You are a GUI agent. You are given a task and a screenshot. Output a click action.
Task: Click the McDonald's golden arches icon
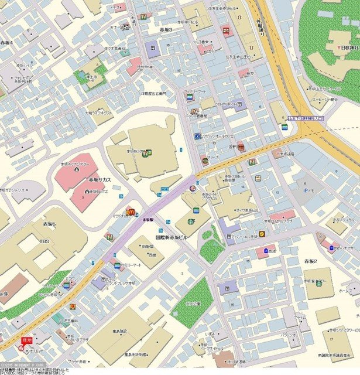pyautogui.click(x=130, y=212)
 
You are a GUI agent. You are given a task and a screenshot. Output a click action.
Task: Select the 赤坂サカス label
pyautogui.click(x=99, y=179)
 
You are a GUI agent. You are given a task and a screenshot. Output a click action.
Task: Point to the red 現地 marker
pyautogui.click(x=26, y=340)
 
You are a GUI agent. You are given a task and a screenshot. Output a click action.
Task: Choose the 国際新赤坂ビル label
pyautogui.click(x=171, y=238)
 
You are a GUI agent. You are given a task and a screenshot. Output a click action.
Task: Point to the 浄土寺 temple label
pyautogui.click(x=91, y=77)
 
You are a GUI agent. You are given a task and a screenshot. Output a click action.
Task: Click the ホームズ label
pyautogui.click(x=346, y=291)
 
